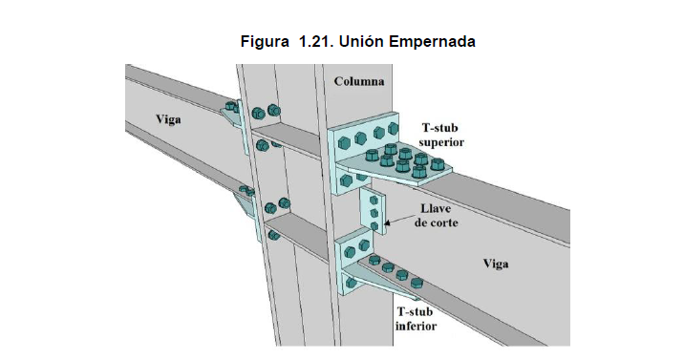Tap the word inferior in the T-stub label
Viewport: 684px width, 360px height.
click(416, 326)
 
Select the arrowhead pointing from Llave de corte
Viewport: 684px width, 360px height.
click(395, 222)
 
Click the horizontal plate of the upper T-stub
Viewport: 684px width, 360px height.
click(420, 172)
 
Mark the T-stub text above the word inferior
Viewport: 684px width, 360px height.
click(416, 311)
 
